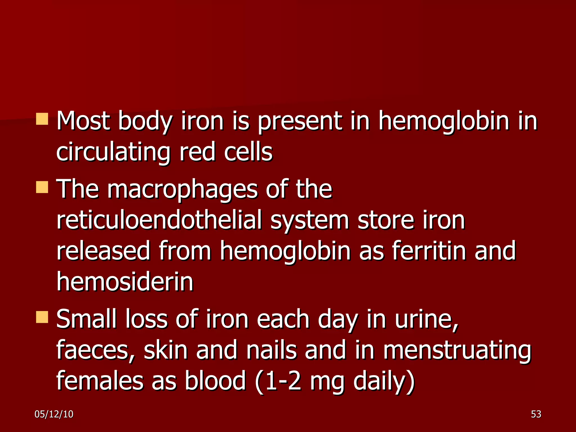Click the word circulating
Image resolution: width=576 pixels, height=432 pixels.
tap(113, 152)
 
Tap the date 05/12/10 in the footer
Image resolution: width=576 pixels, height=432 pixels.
tap(54, 414)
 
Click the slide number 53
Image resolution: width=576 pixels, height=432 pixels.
tap(536, 414)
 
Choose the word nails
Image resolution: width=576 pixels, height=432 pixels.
tap(271, 350)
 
